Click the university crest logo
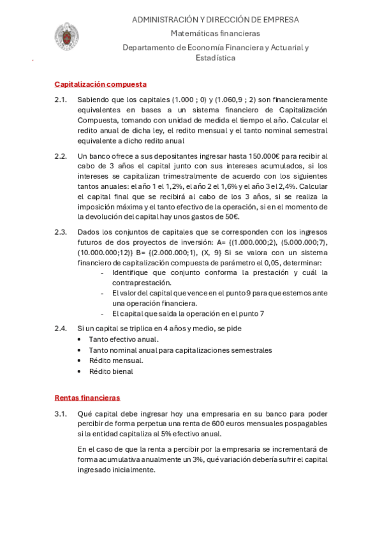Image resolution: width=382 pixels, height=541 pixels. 66,37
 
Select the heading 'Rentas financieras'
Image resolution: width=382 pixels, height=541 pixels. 87,397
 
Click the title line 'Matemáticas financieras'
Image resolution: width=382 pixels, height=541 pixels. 215,33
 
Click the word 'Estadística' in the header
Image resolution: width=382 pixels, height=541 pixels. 215,57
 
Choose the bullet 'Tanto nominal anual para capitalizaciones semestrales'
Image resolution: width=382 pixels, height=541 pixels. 180,350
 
